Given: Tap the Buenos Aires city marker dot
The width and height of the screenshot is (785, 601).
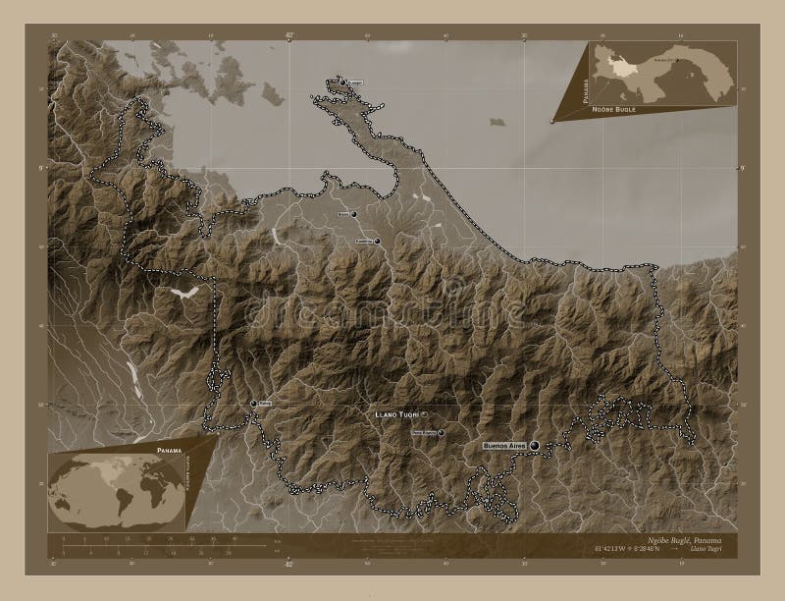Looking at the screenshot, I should pos(535,446).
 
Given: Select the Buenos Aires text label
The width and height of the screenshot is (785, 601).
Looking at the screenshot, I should pos(504,446).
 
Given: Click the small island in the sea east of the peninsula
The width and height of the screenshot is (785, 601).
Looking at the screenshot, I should pos(497,122).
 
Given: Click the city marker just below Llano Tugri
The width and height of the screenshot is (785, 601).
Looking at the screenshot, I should pos(441,432).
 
